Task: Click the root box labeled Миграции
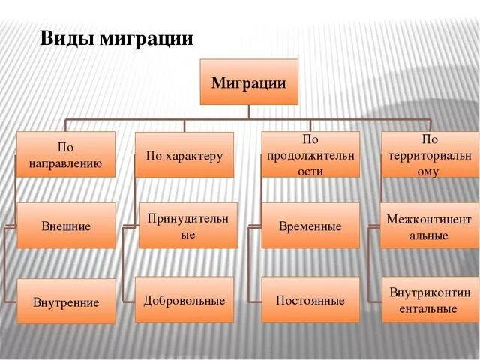248,82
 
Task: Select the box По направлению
66,154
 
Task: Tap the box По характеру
184,155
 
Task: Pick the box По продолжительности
310,154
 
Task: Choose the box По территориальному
430,154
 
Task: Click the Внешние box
66,225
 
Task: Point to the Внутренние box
66,301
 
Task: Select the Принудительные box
187,225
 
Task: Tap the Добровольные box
184,300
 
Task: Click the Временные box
310,226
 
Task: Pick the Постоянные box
310,300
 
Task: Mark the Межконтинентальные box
429,226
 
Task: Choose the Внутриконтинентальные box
429,299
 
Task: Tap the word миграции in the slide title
145,39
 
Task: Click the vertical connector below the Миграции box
248,112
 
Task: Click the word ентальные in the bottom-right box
429,307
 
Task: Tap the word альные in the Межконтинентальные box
429,235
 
